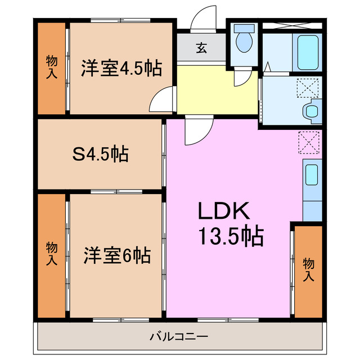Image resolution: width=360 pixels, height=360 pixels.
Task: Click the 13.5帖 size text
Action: [229, 237]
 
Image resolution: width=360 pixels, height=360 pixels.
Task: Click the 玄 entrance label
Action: [201, 48]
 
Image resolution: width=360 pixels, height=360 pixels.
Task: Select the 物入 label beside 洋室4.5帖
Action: [51, 67]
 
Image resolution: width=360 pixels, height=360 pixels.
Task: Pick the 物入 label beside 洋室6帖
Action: [51, 254]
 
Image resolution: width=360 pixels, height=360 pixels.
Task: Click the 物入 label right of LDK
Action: [308, 269]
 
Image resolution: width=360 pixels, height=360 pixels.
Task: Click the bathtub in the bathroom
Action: [308, 52]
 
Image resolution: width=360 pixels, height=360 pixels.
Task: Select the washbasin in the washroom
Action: [311, 110]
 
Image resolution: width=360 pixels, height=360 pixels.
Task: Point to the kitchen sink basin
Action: [311, 176]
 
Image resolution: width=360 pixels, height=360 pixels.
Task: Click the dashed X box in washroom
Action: [308, 88]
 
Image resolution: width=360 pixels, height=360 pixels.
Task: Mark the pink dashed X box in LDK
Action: [308, 142]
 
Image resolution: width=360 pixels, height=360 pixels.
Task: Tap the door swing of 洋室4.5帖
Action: [161, 102]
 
